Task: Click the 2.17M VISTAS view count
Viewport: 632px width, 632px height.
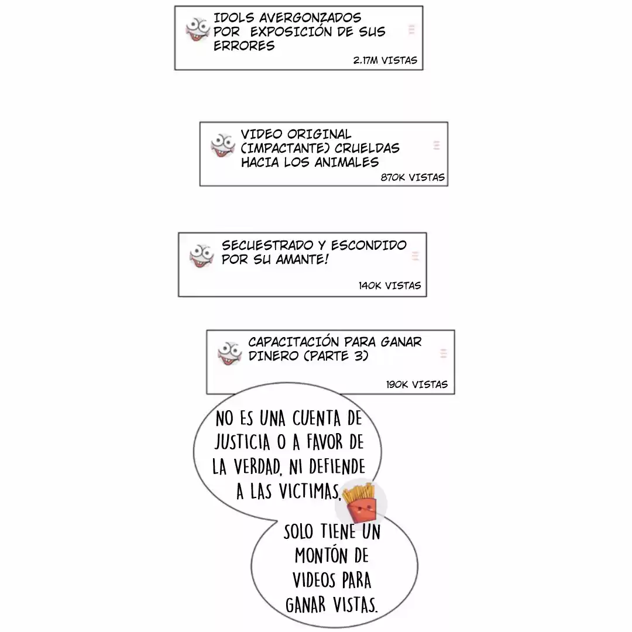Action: (x=385, y=60)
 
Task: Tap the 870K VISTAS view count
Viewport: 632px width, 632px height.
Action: (x=413, y=177)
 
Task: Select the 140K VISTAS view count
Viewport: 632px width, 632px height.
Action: (x=389, y=286)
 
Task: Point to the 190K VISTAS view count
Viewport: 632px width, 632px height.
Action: (x=417, y=384)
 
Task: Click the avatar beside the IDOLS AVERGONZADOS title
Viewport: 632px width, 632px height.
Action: (x=197, y=29)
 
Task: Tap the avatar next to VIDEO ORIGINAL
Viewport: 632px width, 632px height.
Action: (x=222, y=145)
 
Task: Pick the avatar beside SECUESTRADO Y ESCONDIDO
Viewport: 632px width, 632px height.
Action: (x=201, y=256)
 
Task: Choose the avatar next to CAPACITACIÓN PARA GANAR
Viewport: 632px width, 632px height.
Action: (x=229, y=353)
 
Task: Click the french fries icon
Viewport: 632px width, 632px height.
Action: (x=360, y=503)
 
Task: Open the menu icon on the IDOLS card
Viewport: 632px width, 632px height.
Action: (x=411, y=29)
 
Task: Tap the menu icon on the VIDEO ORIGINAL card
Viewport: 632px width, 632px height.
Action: (x=436, y=146)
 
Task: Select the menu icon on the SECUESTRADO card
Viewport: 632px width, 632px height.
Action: (x=415, y=256)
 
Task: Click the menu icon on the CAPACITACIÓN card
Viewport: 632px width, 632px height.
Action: (x=444, y=353)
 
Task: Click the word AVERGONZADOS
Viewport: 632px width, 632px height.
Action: (x=310, y=18)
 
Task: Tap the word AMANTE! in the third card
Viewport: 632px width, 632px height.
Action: (x=303, y=259)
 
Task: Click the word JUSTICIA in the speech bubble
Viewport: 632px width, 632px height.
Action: (x=242, y=442)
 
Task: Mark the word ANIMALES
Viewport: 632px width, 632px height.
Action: (x=346, y=162)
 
